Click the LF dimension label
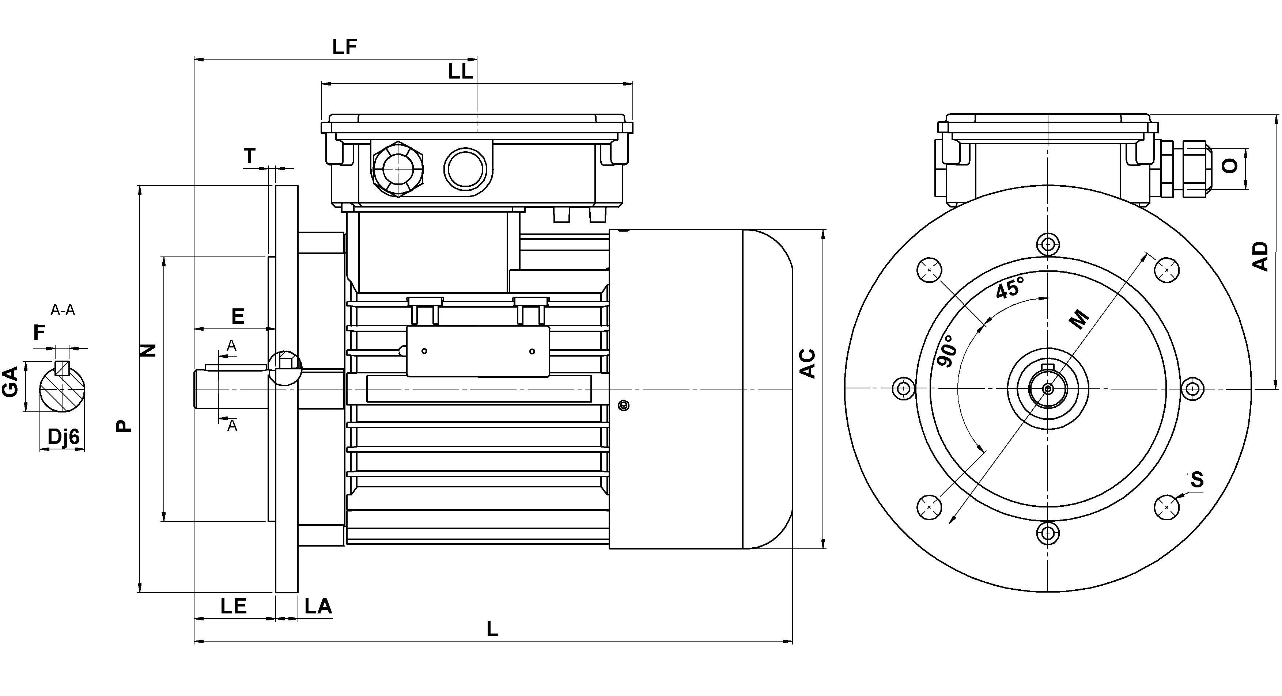[x=344, y=47]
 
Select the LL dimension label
[x=460, y=72]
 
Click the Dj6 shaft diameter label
[x=63, y=437]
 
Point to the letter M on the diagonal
[x=1079, y=319]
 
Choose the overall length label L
[x=492, y=629]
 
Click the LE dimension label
[x=234, y=606]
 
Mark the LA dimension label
[x=318, y=606]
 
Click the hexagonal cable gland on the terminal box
[x=398, y=169]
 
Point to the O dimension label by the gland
[x=1230, y=166]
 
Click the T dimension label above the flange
[x=250, y=156]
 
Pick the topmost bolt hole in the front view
[x=1048, y=244]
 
